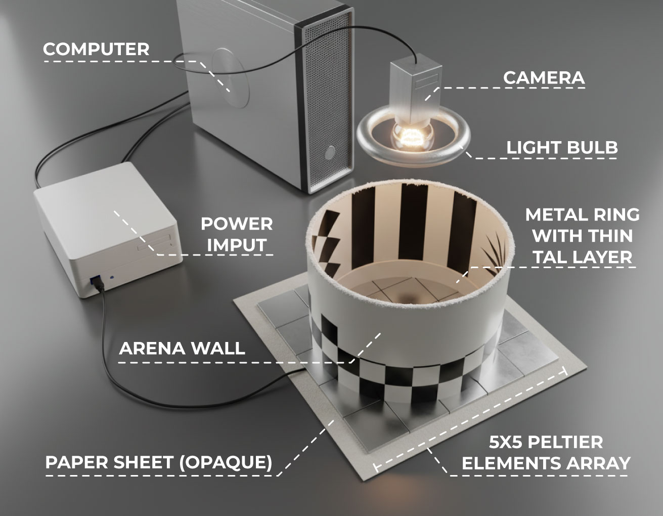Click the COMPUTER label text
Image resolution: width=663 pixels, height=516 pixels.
click(x=96, y=49)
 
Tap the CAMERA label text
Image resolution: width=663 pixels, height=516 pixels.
click(x=544, y=78)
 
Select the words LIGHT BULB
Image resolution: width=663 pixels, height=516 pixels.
click(x=562, y=147)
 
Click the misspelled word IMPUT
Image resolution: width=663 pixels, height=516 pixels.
click(x=237, y=245)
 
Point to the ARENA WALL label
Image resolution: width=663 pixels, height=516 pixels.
click(x=182, y=348)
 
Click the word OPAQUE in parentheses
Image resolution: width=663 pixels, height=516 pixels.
click(x=226, y=462)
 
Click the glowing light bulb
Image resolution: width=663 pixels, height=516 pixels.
click(x=413, y=136)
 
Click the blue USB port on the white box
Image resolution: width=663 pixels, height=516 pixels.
click(x=96, y=279)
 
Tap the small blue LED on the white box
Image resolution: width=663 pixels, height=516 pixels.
click(x=112, y=277)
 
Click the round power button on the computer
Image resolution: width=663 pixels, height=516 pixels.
click(x=330, y=153)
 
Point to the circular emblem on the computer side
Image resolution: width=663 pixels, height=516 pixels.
click(x=231, y=78)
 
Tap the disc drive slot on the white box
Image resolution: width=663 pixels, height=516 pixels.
click(x=154, y=243)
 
